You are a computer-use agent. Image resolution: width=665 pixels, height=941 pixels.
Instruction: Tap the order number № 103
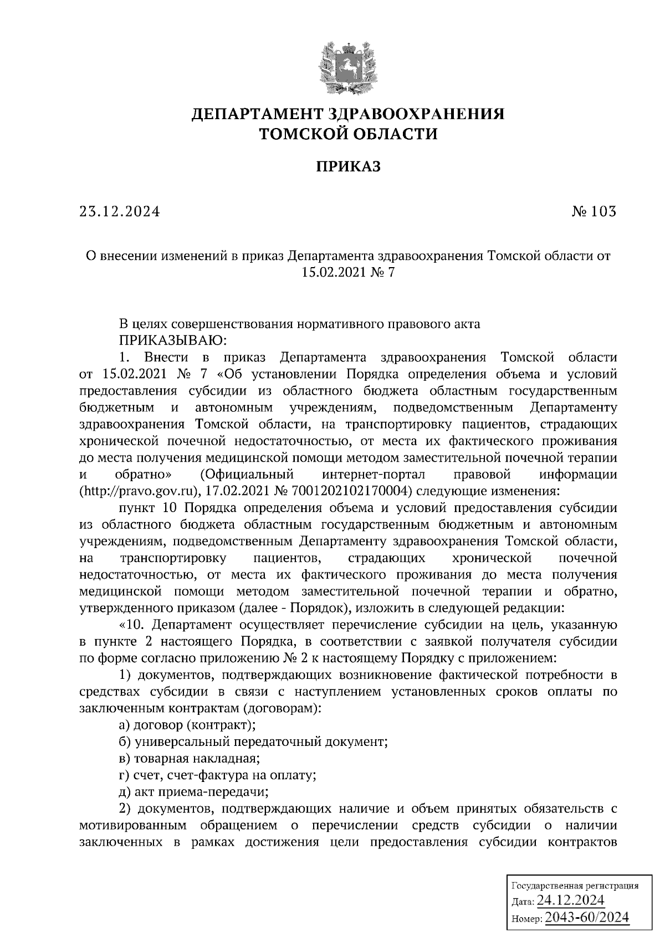point(593,212)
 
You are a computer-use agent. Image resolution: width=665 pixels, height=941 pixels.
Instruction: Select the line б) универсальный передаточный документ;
point(253,741)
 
